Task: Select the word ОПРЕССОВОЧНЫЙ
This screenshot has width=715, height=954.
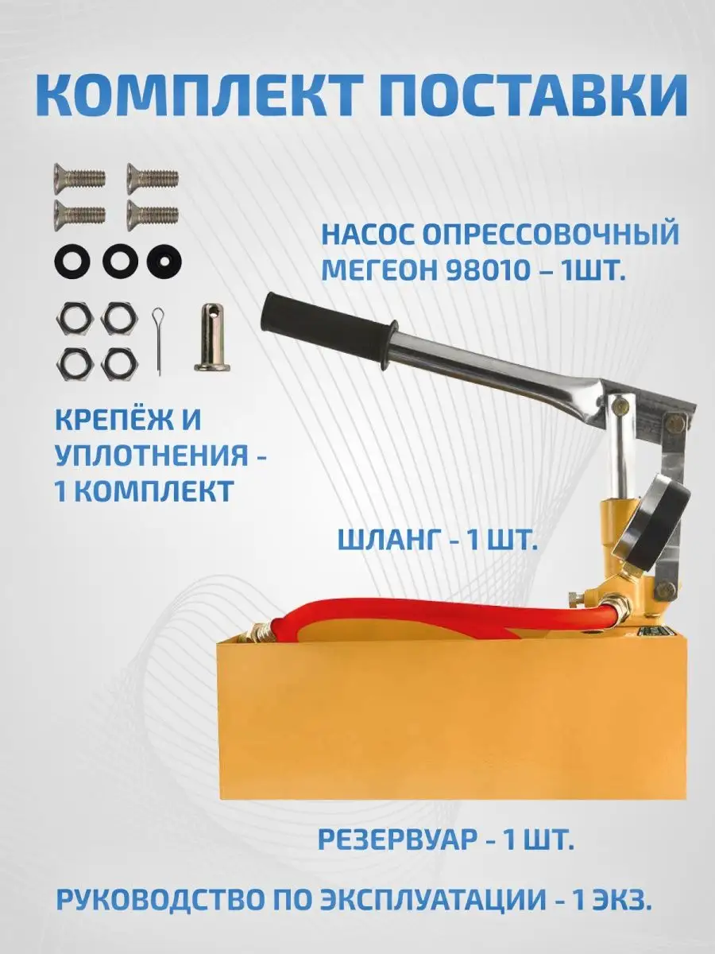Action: coord(551,234)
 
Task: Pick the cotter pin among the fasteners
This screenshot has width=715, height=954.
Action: coord(158,341)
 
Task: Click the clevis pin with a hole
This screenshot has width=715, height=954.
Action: coord(212,337)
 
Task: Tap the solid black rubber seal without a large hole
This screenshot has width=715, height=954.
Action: coord(164,262)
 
